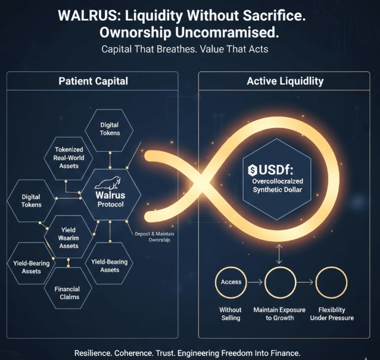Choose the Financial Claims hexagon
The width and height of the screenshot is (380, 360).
[68, 293]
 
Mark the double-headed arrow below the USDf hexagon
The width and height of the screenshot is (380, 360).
[278, 254]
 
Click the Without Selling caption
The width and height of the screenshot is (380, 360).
[230, 314]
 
